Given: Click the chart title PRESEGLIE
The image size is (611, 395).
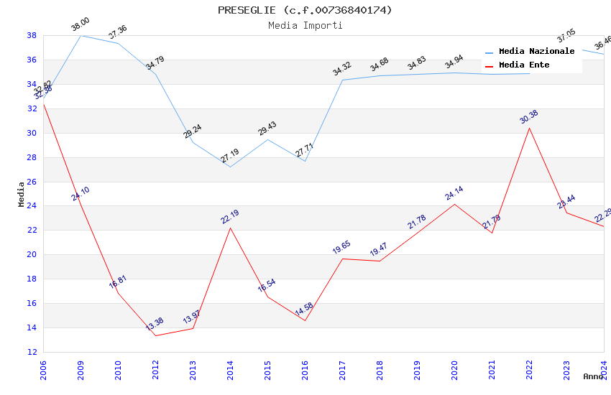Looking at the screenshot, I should (305, 10).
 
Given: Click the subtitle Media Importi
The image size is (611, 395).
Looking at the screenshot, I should (305, 26).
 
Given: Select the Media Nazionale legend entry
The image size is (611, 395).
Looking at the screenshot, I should (536, 52).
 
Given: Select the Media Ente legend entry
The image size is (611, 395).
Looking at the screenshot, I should (524, 65).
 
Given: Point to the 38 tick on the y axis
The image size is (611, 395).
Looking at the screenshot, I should (32, 35).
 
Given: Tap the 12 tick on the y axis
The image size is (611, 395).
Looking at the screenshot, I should (32, 352).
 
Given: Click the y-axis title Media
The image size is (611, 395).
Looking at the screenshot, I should (22, 194).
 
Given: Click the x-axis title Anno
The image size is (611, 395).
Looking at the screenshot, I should (593, 376).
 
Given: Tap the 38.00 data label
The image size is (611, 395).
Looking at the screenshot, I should (80, 26).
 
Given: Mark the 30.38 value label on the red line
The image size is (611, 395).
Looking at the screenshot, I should (528, 117).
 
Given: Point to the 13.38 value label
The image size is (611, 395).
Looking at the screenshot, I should (155, 324).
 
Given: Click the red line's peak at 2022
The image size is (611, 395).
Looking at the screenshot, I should (529, 128).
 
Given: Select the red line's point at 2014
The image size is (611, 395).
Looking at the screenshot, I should (230, 228).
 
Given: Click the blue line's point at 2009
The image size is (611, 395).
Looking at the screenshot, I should (81, 35).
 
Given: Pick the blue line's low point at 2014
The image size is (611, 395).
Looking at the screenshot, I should (230, 167).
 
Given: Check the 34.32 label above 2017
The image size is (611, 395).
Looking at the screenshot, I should (341, 70).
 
